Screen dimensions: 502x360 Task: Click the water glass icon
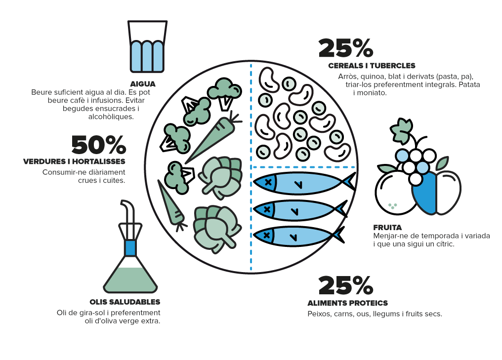point(147,46)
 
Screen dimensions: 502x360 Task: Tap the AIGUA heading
point(143,84)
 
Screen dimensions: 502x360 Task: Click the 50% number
point(99,145)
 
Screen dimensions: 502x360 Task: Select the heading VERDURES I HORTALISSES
point(74,161)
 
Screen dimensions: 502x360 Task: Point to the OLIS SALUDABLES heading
point(125,302)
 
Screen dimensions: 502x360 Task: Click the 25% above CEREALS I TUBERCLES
point(346,48)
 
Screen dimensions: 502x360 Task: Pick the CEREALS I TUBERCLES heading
point(372,66)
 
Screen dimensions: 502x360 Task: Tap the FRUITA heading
point(387,228)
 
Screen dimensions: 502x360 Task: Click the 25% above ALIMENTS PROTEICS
point(346,285)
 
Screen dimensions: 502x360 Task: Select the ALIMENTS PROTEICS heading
point(348,303)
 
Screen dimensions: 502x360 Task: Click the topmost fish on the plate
point(304,183)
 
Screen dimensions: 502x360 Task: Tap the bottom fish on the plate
point(298,236)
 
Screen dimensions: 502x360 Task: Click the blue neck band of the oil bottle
point(130,248)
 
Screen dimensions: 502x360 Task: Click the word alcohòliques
point(111,117)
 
